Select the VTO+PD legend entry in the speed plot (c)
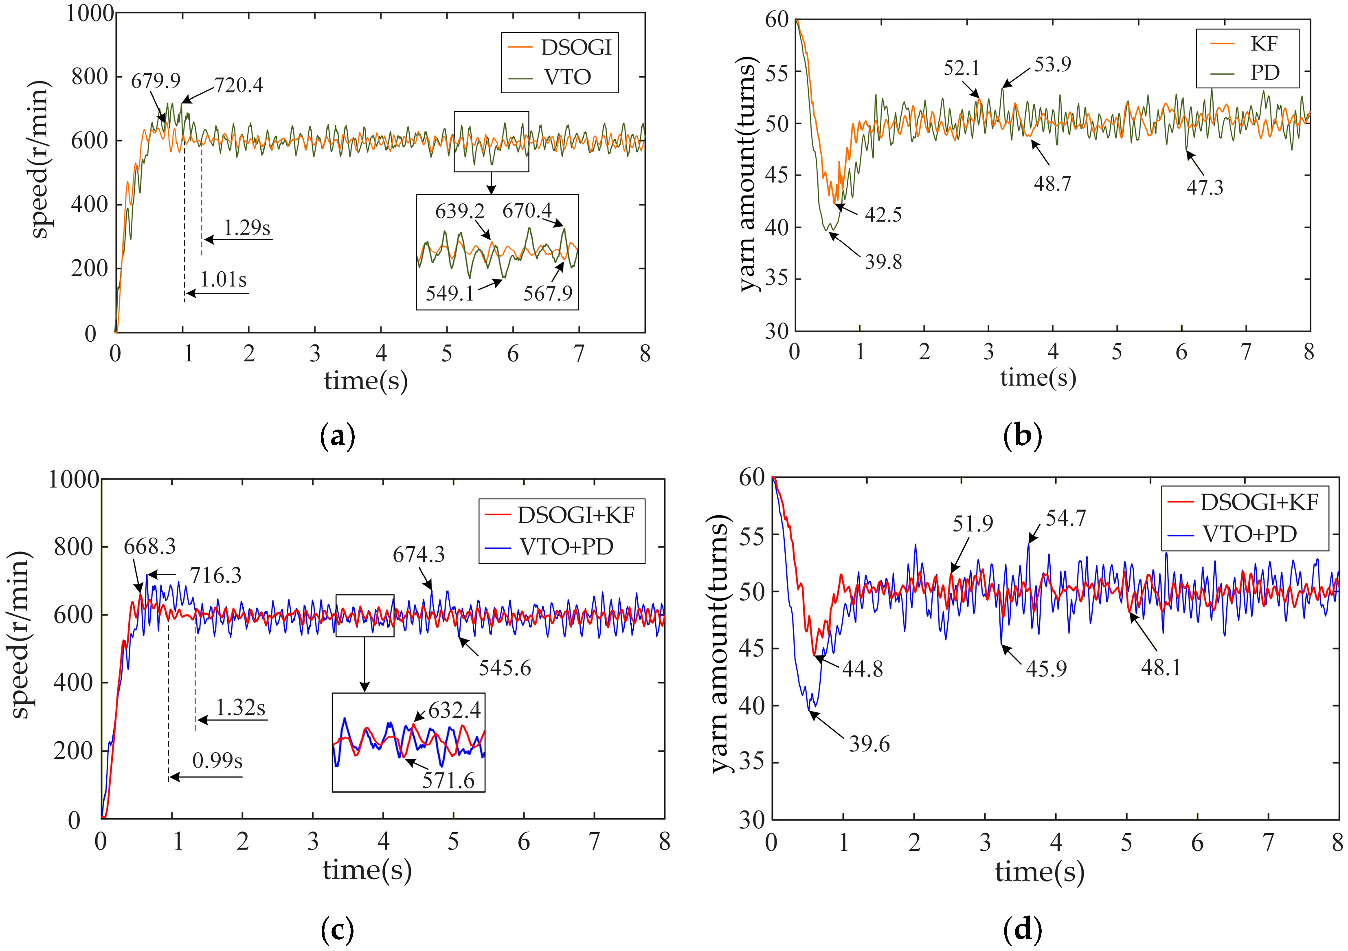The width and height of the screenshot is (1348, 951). [549, 547]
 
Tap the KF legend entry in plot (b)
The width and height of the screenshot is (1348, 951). [1247, 44]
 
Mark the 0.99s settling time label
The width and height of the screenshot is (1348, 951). [217, 760]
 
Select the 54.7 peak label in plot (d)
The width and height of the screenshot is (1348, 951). [1066, 518]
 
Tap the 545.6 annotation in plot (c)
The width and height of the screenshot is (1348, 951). [505, 668]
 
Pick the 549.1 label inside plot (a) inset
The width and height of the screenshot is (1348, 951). [450, 293]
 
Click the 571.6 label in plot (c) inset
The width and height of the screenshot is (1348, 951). [448, 781]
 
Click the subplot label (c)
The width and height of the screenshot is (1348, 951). [338, 929]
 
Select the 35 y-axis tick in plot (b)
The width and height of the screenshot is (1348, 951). [776, 279]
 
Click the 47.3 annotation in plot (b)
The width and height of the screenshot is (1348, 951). [1205, 188]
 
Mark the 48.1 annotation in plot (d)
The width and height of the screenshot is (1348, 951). [1161, 668]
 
